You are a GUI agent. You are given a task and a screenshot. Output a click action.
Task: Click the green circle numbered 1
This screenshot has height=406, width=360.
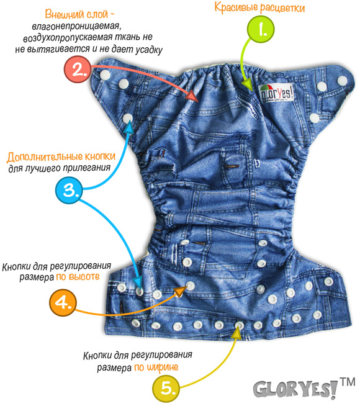click(261, 29)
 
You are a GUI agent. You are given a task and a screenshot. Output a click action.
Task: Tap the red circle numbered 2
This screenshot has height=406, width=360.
click(78, 69)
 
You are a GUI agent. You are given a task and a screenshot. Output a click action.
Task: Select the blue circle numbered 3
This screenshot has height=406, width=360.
click(69, 191)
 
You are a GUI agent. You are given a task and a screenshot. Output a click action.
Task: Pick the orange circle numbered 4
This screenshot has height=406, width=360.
click(63, 302)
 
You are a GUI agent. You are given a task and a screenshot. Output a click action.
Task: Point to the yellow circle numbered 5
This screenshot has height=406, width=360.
click(166, 389)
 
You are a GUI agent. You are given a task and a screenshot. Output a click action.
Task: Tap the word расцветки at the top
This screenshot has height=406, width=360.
click(282, 9)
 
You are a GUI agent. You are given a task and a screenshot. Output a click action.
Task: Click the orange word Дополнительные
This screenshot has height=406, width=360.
click(45, 157)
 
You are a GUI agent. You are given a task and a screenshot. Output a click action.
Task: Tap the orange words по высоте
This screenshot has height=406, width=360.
click(78, 277)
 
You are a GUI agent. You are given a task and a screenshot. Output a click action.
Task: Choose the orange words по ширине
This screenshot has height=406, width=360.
click(156, 368)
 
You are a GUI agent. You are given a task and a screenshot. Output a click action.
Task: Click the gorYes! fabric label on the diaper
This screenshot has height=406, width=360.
click(276, 93)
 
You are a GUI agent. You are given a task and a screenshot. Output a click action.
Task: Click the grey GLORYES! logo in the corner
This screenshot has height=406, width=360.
click(295, 389)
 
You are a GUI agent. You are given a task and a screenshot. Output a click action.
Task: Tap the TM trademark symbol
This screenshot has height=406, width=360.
click(348, 382)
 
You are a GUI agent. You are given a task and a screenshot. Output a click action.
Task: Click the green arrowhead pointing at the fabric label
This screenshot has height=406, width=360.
click(247, 84)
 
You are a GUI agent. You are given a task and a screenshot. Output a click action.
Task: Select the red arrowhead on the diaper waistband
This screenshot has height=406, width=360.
click(192, 96)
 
